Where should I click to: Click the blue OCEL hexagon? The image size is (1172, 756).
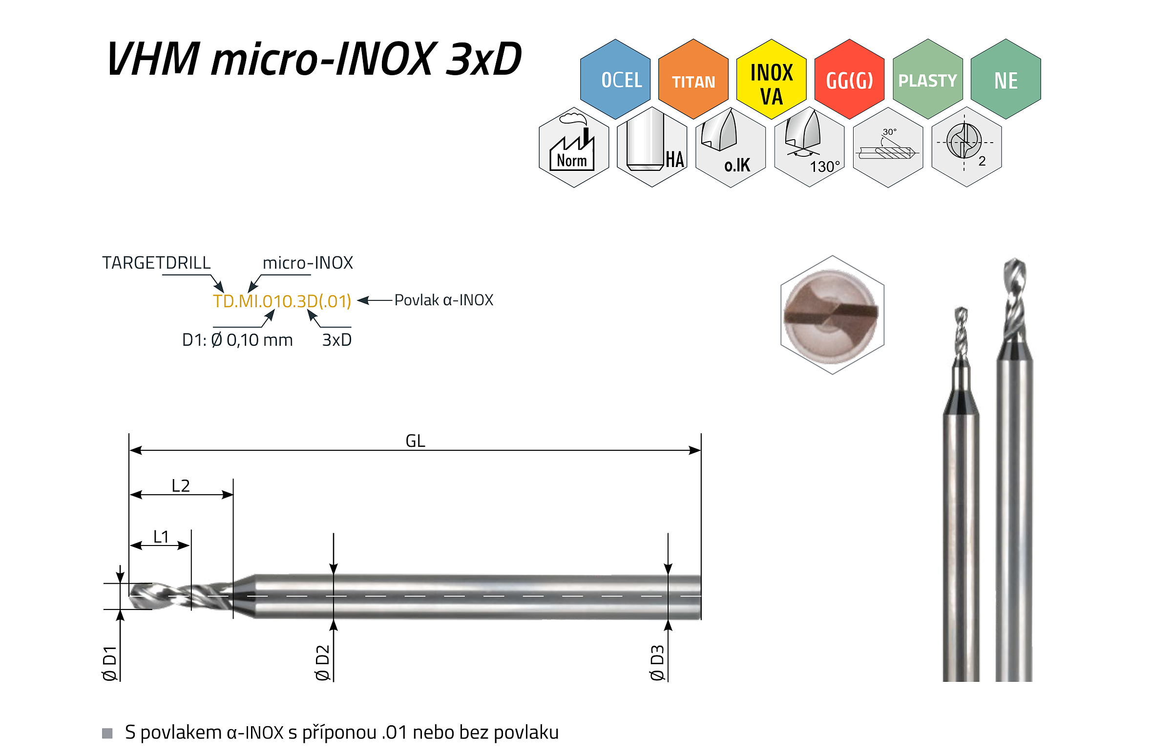(615, 79)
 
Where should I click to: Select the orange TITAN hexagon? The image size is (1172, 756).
(693, 79)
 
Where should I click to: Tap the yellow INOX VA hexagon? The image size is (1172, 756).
(771, 79)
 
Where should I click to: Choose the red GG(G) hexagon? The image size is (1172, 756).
(849, 79)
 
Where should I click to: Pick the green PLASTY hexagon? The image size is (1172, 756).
(927, 79)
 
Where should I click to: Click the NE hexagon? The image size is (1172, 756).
(1005, 79)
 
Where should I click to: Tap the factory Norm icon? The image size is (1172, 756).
(574, 147)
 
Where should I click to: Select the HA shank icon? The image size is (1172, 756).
(652, 147)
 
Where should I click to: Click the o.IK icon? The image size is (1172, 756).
(730, 147)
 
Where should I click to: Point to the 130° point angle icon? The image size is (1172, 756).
(809, 147)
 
